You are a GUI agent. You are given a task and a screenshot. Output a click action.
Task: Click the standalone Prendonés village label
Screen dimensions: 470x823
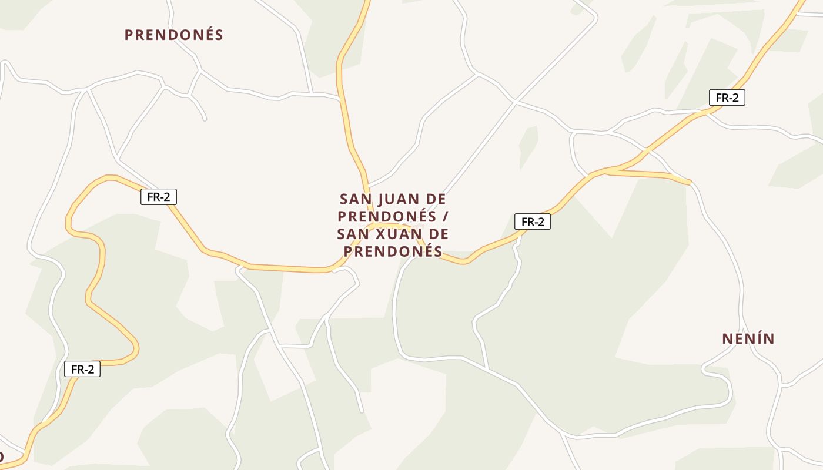pos(173,35)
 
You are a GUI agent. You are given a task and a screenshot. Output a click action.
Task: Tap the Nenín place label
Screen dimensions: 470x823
pos(748,339)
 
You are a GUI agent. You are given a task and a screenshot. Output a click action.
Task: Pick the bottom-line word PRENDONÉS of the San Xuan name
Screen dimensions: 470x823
pos(393,252)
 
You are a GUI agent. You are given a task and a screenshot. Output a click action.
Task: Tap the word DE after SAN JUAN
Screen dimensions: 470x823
pos(432,199)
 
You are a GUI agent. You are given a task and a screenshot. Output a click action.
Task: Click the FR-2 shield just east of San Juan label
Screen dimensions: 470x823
pos(533,221)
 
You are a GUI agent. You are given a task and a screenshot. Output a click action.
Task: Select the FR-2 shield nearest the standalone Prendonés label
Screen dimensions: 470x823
pos(159,197)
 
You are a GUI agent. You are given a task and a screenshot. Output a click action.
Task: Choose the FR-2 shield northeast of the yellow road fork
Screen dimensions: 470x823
pos(727,98)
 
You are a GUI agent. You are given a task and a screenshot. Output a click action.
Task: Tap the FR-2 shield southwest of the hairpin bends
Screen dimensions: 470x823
pos(82,369)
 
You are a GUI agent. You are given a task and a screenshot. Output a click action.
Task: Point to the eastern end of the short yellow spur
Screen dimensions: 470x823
pos(689,183)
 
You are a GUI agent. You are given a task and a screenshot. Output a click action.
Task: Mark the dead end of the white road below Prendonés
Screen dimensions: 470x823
pos(205,119)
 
